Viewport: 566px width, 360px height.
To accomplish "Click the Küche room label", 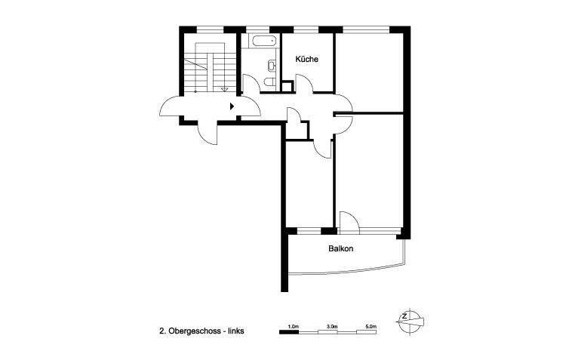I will [x=306, y=59].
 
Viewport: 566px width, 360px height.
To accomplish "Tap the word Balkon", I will [x=341, y=248].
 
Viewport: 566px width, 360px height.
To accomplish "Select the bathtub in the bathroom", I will [x=260, y=42].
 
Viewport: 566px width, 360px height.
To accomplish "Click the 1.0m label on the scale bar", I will [x=294, y=326].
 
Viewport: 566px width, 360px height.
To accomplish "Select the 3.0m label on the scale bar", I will [x=331, y=326].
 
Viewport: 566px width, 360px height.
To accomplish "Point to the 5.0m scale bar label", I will [x=370, y=326].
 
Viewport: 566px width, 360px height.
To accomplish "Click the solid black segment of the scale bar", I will [x=289, y=331].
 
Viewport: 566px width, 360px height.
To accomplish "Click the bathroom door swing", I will [x=251, y=85].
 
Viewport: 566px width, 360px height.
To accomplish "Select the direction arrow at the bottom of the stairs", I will [x=224, y=89].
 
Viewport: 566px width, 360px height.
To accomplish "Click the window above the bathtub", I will [x=260, y=29].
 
